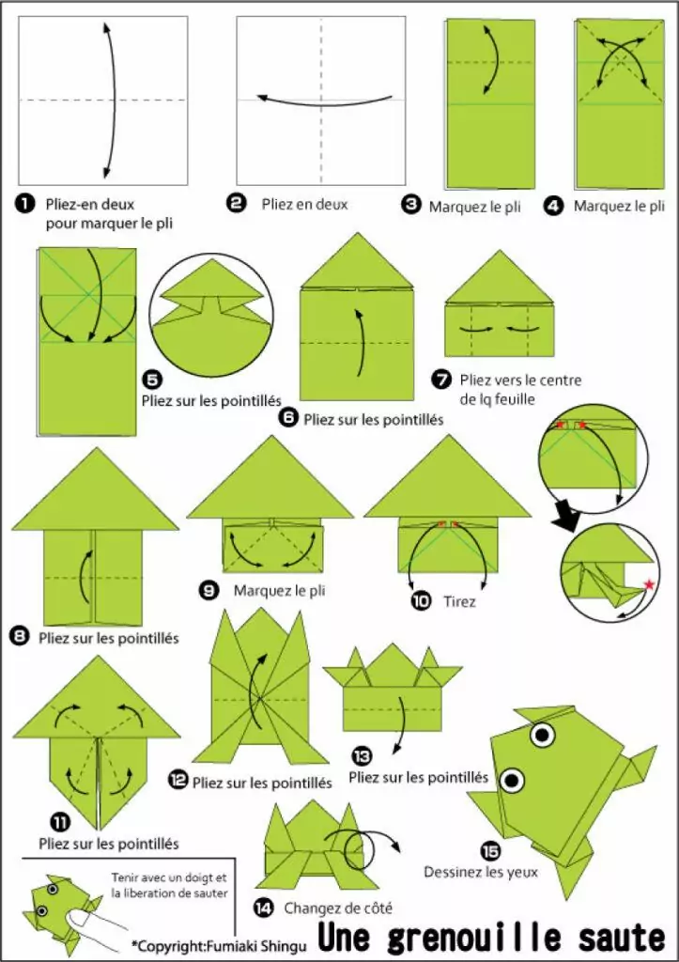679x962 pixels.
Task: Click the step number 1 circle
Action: click(x=25, y=204)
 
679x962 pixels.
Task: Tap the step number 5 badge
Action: click(x=151, y=380)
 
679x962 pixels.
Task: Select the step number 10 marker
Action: click(x=421, y=600)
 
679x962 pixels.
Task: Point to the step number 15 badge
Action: click(x=490, y=851)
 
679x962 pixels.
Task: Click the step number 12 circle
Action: click(x=177, y=780)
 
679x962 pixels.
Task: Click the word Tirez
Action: click(x=459, y=601)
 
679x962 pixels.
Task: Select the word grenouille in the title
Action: click(x=474, y=938)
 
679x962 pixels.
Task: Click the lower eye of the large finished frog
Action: click(x=512, y=780)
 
